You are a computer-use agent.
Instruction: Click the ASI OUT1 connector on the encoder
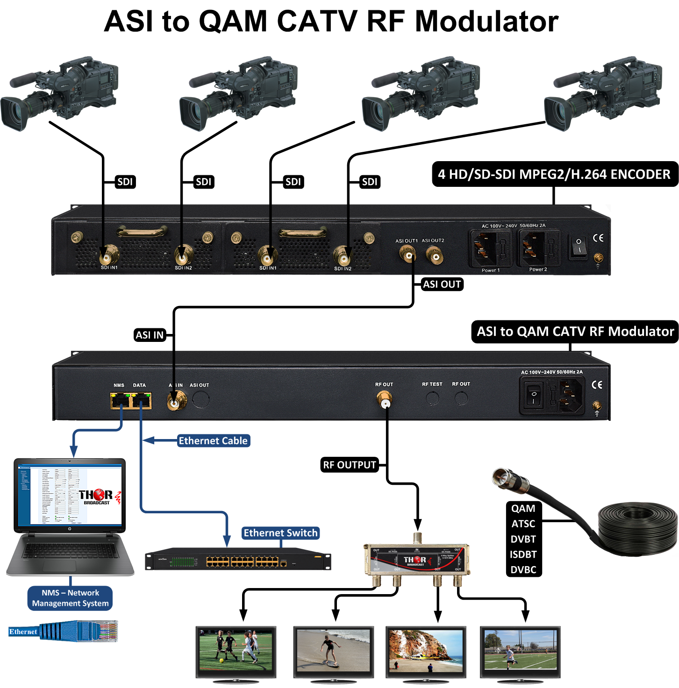pos(407,255)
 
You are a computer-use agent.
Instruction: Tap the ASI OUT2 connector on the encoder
pos(435,255)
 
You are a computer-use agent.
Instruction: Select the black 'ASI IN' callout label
pos(150,335)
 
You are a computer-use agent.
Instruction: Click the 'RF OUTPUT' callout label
pos(350,465)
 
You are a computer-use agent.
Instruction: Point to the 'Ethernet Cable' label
pos(213,440)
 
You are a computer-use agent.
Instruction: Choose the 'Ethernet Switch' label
pos(280,533)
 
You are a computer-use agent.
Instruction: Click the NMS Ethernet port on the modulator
pos(120,401)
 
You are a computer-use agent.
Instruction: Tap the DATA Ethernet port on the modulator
pos(141,401)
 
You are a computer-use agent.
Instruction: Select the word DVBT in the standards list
pos(523,539)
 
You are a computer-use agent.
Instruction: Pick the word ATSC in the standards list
pos(523,524)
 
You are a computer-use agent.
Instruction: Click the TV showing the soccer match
pos(236,652)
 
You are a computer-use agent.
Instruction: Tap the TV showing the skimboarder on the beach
pos(333,651)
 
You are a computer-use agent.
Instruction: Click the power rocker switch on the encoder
pos(579,246)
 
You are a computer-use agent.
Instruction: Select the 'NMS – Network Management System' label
pos(71,598)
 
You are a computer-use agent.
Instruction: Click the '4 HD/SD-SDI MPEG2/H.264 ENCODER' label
pos(554,174)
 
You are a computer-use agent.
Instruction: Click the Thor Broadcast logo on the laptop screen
pos(97,496)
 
